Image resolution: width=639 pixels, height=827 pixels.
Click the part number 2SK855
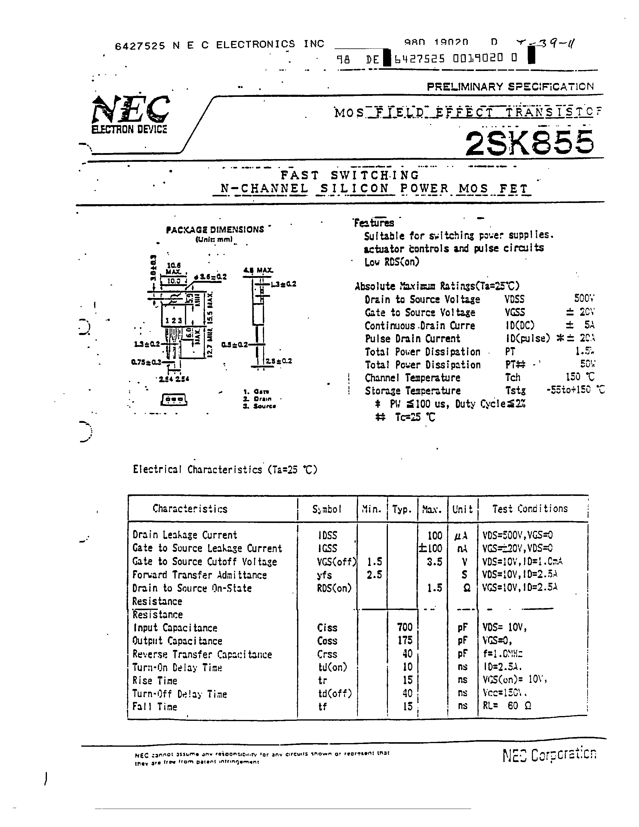[x=529, y=143]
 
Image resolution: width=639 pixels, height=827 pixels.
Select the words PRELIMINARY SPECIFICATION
[x=510, y=87]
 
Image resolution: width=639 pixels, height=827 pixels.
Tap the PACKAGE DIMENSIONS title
[x=215, y=229]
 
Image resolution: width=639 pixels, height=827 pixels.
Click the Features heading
[x=374, y=223]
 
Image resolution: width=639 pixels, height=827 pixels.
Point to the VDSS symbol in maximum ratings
[x=515, y=299]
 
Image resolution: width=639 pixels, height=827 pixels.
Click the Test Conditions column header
[x=530, y=509]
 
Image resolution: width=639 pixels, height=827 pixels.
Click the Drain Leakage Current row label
[x=185, y=535]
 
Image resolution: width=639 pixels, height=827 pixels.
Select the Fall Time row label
[x=155, y=707]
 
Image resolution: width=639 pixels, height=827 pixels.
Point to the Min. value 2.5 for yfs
[x=374, y=575]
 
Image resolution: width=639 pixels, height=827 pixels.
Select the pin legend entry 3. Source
[x=259, y=406]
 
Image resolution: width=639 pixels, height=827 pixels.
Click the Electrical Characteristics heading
[x=225, y=469]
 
